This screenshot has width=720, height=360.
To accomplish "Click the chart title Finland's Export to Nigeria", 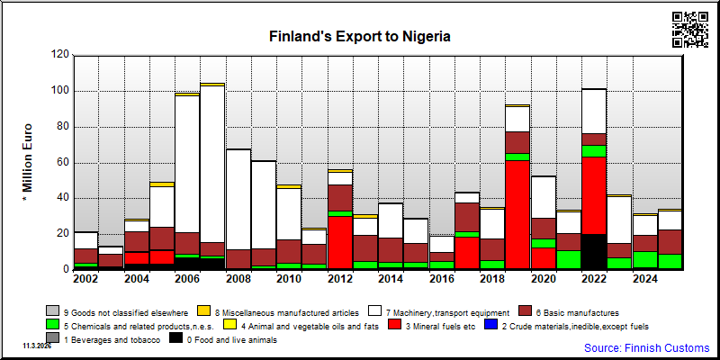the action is [x=359, y=37].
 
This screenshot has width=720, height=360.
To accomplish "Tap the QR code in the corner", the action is [x=690, y=30].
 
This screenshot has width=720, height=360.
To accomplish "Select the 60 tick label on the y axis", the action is [x=62, y=163].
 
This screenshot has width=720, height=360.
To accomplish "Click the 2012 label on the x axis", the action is [x=340, y=279].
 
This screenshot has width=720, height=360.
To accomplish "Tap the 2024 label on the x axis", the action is [x=645, y=279].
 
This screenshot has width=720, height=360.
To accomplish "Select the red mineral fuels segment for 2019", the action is [x=517, y=214].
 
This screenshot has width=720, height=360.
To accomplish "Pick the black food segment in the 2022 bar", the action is [x=594, y=252].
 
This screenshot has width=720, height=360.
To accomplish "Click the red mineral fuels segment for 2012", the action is [x=340, y=242].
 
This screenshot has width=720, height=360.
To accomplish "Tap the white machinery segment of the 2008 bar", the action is [x=238, y=200].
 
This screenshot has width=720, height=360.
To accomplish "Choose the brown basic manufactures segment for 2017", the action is [x=467, y=217].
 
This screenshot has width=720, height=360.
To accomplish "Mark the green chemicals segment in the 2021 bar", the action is [x=568, y=260].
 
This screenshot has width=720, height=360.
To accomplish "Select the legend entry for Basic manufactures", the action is [x=569, y=312].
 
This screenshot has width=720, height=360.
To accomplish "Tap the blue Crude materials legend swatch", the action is [x=491, y=326].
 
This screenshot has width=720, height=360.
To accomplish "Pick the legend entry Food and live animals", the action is [x=222, y=340].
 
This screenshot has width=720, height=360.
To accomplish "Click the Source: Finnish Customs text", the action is [x=646, y=347].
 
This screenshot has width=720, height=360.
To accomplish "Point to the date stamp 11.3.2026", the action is [x=37, y=346].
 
